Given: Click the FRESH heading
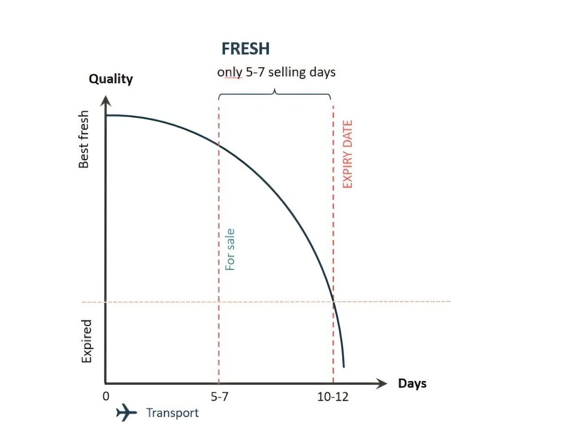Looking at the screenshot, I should (245, 49).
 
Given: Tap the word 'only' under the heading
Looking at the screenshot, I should (229, 72).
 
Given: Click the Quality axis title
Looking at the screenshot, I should (111, 79).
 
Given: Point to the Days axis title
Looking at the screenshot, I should (412, 383).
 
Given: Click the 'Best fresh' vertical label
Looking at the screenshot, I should (83, 139).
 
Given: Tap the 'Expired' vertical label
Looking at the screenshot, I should (87, 341).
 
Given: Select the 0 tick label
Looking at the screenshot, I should (106, 396).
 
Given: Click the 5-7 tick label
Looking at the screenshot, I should (219, 397).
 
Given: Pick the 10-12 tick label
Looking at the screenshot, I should (333, 397).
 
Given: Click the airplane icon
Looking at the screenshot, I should (126, 413).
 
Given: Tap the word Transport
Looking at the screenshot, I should (173, 413).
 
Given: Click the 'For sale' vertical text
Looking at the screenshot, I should (230, 250).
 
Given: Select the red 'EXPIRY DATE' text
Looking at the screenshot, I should (347, 154).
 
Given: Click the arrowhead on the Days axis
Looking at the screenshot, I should (382, 383).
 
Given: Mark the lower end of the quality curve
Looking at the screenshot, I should (343, 367).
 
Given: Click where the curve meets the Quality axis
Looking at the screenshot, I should (106, 115).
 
